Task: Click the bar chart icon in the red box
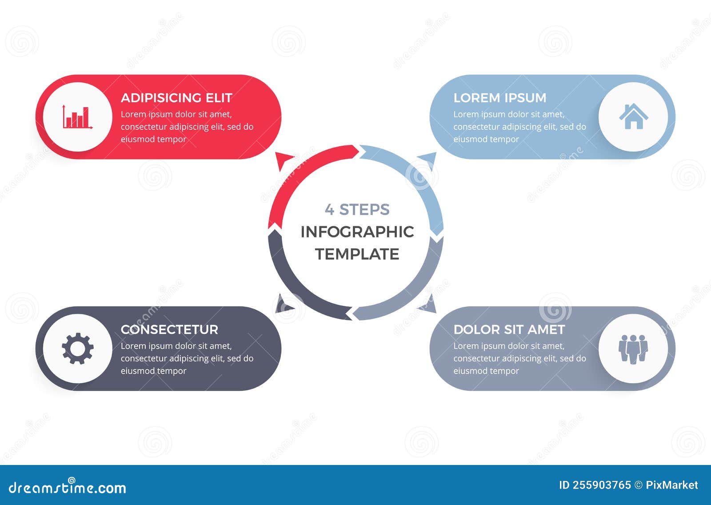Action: tap(77, 117)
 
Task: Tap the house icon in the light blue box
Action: tap(633, 116)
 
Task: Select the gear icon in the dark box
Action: tap(77, 349)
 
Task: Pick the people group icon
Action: tap(633, 349)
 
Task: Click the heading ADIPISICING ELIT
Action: tap(176, 98)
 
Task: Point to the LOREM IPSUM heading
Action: tap(499, 98)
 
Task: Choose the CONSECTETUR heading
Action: tap(169, 329)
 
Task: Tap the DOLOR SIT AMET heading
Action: tap(509, 329)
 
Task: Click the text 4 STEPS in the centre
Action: tap(357, 209)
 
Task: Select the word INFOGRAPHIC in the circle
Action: tap(357, 232)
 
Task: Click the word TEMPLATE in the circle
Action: tap(357, 254)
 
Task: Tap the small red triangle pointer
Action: tap(283, 160)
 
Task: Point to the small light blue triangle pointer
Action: tap(429, 159)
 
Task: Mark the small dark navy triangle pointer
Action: tap(283, 305)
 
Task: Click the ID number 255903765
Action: tap(601, 485)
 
